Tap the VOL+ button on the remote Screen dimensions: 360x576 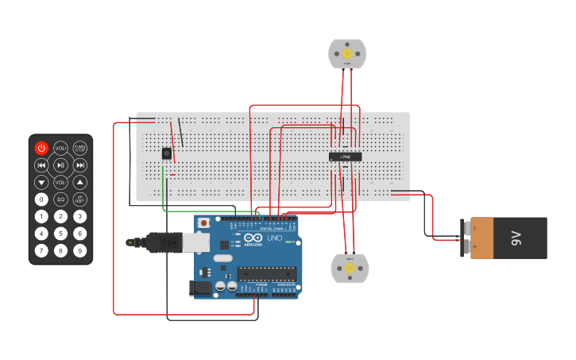pos(60,148)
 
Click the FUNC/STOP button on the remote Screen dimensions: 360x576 pos(80,148)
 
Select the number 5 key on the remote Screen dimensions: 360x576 pos(60,234)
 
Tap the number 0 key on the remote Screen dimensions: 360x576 pos(41,199)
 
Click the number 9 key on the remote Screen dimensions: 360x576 pos(80,251)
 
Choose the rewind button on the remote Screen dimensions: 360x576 pos(41,165)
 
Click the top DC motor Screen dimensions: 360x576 pos(347,54)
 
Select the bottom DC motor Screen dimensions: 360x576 pos(350,269)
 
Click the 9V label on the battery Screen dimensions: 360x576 pos(515,238)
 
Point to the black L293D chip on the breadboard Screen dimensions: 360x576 pos(346,157)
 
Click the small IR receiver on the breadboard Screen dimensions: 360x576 pos(167,153)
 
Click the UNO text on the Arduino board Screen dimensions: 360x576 pos(273,238)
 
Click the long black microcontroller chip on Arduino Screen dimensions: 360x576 pos(267,273)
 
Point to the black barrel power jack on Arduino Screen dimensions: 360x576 pos(202,288)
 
